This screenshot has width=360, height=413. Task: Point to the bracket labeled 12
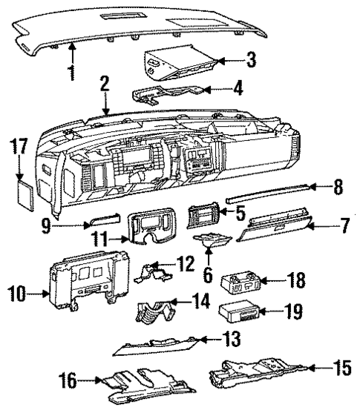[x=155, y=272]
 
